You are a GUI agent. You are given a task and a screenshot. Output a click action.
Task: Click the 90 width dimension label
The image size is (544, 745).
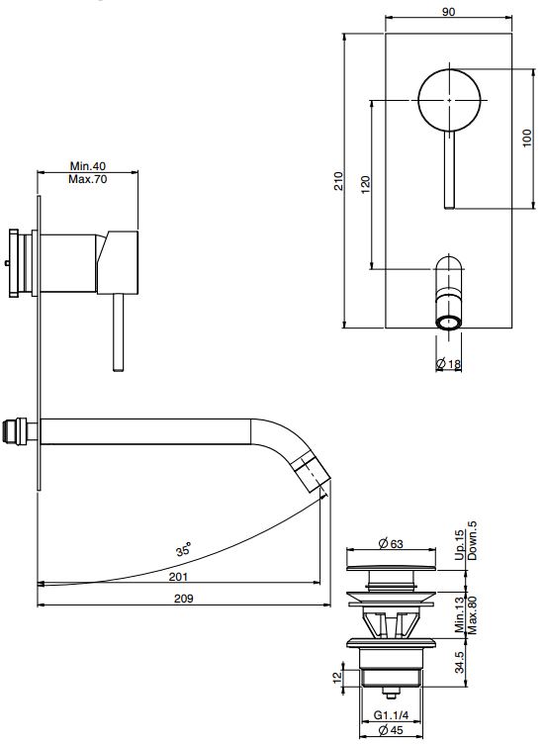pyautogui.click(x=448, y=12)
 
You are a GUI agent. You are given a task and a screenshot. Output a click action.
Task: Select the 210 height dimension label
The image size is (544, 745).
pyautogui.click(x=338, y=181)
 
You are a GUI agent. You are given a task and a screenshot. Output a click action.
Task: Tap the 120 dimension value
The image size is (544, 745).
pyautogui.click(x=365, y=185)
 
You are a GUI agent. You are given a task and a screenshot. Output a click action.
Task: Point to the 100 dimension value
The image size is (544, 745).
pyautogui.click(x=527, y=139)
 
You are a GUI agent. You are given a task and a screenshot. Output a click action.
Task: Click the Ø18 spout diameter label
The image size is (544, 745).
pyautogui.click(x=448, y=364)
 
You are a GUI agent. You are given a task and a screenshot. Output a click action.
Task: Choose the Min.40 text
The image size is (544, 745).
pyautogui.click(x=88, y=166)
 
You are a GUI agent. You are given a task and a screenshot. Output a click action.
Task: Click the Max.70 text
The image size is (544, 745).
pyautogui.click(x=88, y=179)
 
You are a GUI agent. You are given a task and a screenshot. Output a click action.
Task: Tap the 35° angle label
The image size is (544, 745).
pyautogui.click(x=183, y=550)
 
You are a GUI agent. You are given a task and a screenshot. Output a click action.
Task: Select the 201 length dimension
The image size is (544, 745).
pyautogui.click(x=179, y=577)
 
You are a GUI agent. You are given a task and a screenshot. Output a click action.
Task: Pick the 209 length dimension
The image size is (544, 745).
pyautogui.click(x=183, y=599)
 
